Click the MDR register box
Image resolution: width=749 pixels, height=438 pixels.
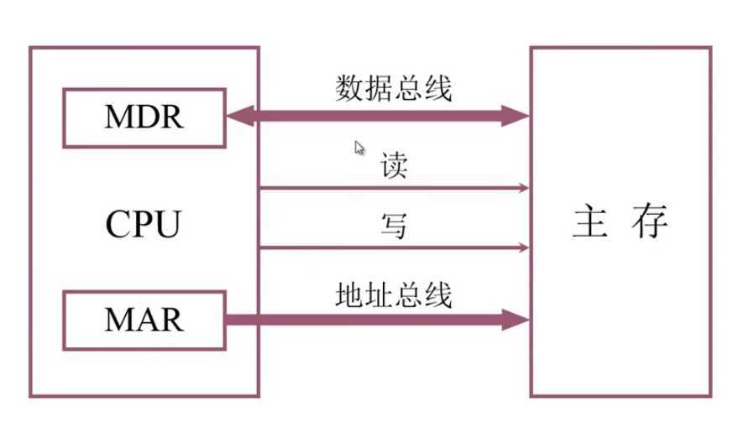point(144,117)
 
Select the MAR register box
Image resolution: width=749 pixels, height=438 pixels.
point(144,320)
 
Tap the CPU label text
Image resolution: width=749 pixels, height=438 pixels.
point(144,224)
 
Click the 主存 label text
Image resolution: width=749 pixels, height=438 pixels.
point(621,223)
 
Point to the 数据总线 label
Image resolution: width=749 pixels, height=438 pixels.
point(394,87)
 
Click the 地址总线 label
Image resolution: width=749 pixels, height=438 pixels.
point(394,295)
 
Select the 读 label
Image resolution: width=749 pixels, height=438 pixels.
point(394,165)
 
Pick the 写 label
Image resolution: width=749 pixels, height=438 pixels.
point(394,225)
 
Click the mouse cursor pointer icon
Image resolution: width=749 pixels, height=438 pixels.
point(359,149)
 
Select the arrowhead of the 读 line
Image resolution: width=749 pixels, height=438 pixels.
point(524,188)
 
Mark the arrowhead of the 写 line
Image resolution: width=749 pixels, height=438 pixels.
point(524,248)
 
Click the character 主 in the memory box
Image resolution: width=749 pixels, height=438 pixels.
point(591,223)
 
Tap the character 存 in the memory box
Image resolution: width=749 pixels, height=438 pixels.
point(651,223)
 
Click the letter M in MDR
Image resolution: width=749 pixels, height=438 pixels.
point(118,117)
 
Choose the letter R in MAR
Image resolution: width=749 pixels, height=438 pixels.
point(171,320)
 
